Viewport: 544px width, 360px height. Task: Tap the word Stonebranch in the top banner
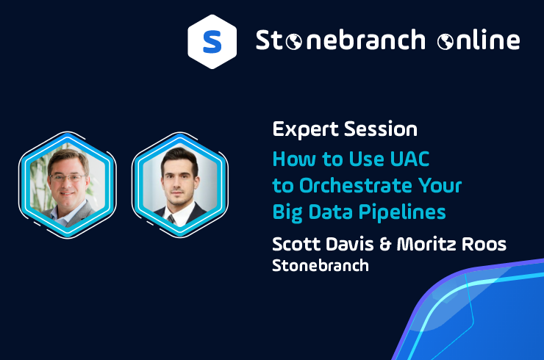pyautogui.click(x=340, y=40)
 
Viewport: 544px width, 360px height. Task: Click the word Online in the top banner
pyautogui.click(x=479, y=41)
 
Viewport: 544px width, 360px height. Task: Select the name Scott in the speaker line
pyautogui.click(x=293, y=244)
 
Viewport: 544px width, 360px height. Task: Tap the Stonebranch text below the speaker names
pyautogui.click(x=321, y=265)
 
